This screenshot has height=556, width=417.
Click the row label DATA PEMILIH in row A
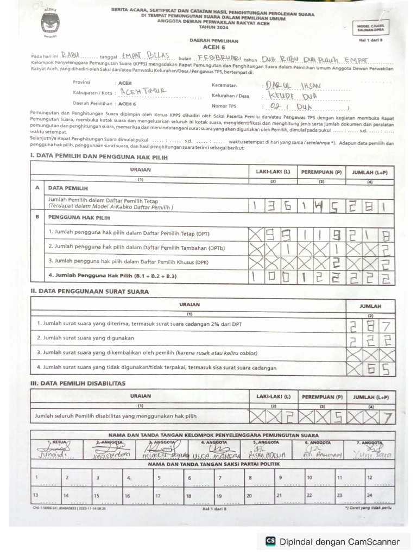[68, 188]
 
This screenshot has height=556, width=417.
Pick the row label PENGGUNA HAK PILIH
[79, 217]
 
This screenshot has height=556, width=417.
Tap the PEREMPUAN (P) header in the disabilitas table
[321, 397]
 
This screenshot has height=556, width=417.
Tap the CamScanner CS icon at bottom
[270, 541]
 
